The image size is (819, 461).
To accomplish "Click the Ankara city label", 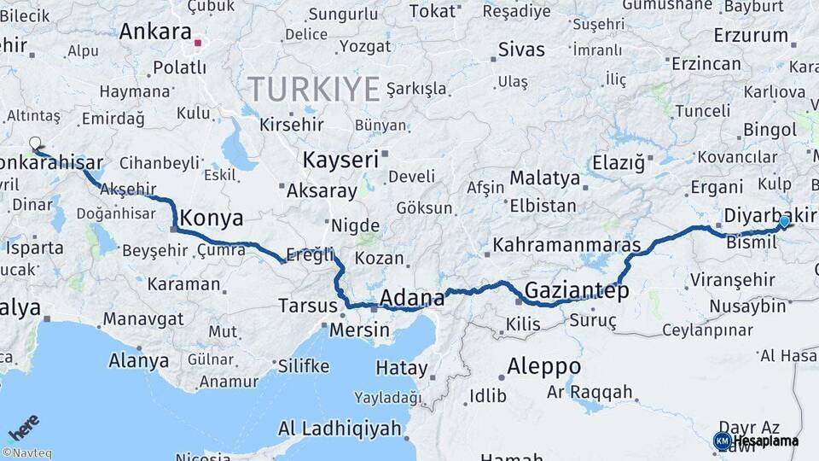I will click(x=155, y=32).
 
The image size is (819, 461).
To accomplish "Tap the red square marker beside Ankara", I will click(x=198, y=41).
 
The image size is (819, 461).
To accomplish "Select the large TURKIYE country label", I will click(x=313, y=88).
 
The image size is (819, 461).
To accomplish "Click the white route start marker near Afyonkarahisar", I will click(x=35, y=143).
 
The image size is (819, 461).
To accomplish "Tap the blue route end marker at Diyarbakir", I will click(x=784, y=222).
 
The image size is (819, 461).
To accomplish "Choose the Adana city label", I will click(x=411, y=298).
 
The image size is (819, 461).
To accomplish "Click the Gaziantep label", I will click(x=577, y=291).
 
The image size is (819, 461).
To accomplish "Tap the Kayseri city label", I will click(x=340, y=160).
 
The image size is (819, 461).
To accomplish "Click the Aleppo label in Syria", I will click(x=543, y=366).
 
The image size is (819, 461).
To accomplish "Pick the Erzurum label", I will click(x=751, y=36).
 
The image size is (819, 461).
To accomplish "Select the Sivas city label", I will click(x=521, y=49).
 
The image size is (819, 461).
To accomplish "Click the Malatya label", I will click(x=545, y=178).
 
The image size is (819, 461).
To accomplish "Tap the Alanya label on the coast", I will click(x=138, y=360).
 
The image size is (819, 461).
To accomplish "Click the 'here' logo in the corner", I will click(x=23, y=427).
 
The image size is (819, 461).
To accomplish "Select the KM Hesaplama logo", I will click(x=756, y=441).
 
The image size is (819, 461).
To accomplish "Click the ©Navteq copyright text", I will click(x=27, y=453).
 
